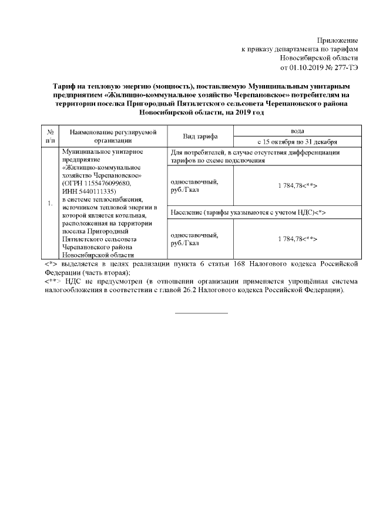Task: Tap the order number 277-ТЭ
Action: (344, 67)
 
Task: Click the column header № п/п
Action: (50, 136)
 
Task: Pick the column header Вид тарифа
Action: (200, 136)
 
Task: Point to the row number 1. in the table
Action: (50, 203)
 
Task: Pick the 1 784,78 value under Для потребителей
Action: (297, 185)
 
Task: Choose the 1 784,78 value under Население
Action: (297, 239)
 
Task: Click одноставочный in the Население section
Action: (193, 235)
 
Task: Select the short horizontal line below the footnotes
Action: (202, 313)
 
